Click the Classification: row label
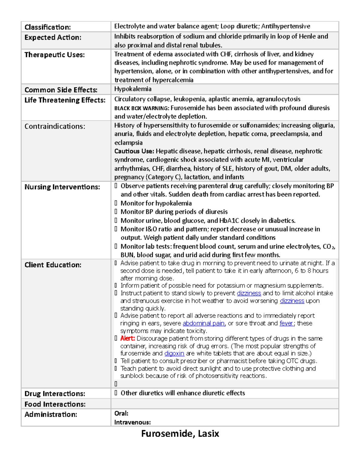coord(47,27)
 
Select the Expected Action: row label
coord(53,38)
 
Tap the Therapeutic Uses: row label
coord(55,55)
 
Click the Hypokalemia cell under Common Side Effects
coord(133,89)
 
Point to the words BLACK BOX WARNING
coord(141,108)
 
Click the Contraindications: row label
coord(55,126)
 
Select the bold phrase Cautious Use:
coord(134,151)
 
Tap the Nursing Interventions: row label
coord(62,187)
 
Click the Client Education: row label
coord(53,265)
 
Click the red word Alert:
coord(127,338)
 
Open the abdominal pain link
coord(203,323)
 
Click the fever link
coord(286,323)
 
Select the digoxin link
coord(174,353)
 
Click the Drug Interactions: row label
coord(55,394)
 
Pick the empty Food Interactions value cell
coord(224,404)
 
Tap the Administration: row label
coord(51,414)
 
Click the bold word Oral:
coord(121,413)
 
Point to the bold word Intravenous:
coord(132,422)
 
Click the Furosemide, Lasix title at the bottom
coord(180,434)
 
